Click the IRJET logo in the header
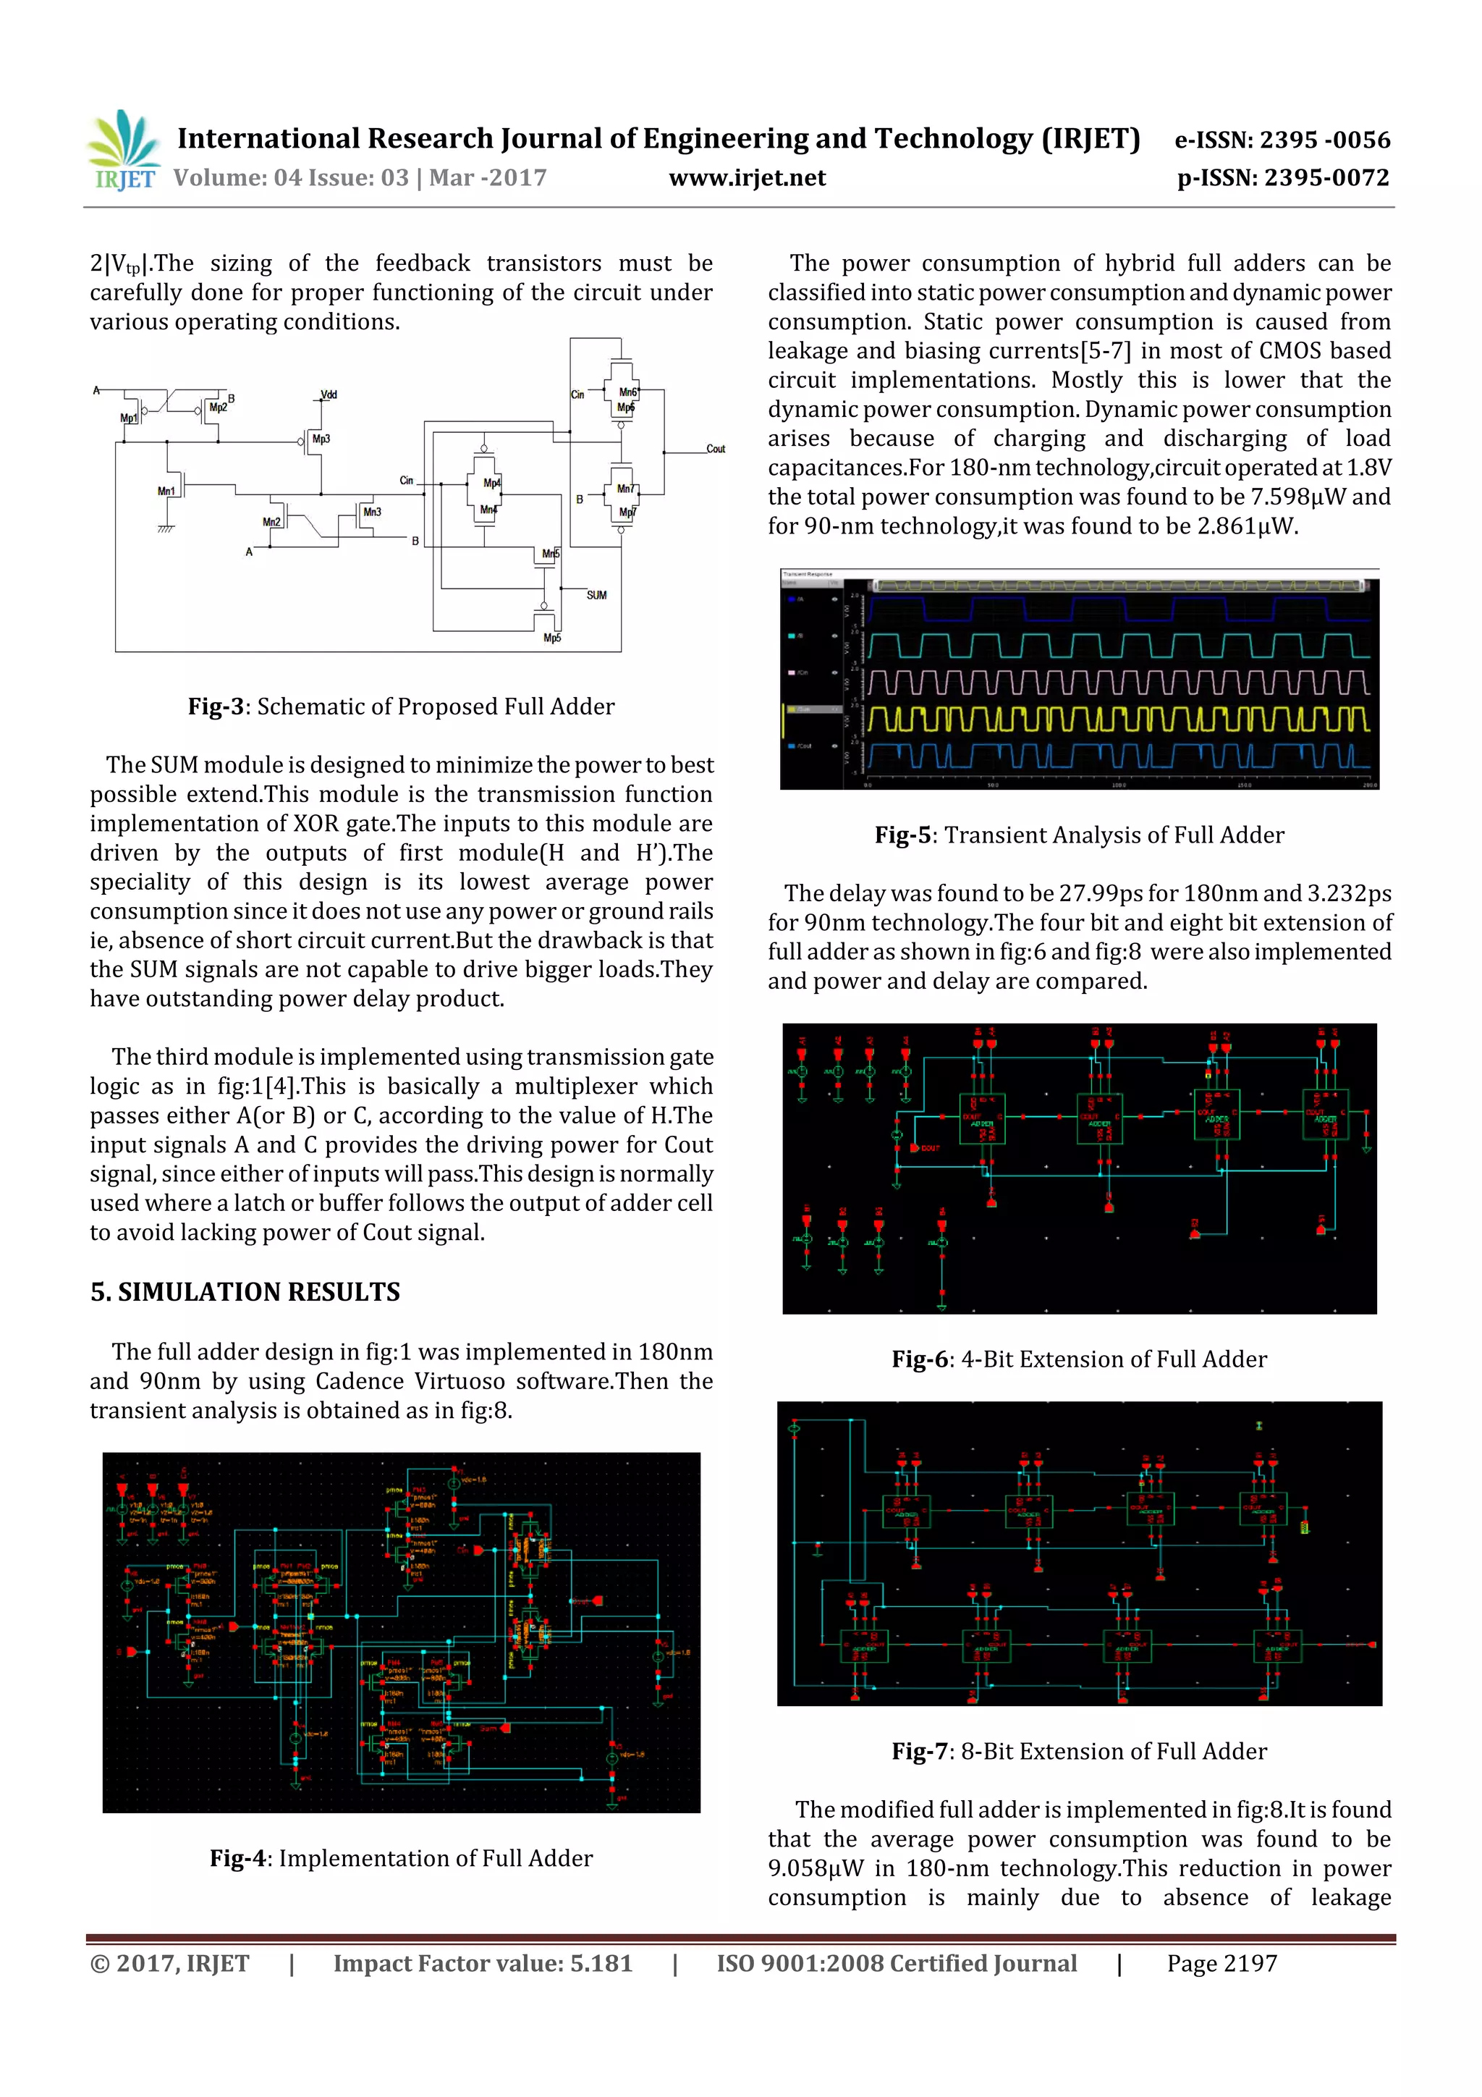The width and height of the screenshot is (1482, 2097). [123, 151]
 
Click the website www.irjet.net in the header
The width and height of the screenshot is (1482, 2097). [747, 178]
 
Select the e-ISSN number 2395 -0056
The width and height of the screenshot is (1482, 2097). [1324, 140]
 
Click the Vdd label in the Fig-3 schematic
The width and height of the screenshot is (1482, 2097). [329, 394]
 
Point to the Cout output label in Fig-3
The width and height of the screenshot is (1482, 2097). [715, 449]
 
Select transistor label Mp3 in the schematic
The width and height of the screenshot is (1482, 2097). [321, 439]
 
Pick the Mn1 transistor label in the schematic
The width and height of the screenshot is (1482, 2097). [166, 491]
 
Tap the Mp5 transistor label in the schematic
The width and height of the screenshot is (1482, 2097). [551, 638]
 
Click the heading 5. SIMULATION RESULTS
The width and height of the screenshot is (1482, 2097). [245, 1291]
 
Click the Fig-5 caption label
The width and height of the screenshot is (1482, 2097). [903, 835]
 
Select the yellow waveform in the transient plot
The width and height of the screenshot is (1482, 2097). [1118, 720]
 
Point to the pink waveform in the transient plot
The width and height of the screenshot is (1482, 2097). [1118, 683]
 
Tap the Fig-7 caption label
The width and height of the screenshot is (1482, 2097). [920, 1751]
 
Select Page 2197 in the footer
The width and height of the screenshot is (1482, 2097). [1221, 1964]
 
